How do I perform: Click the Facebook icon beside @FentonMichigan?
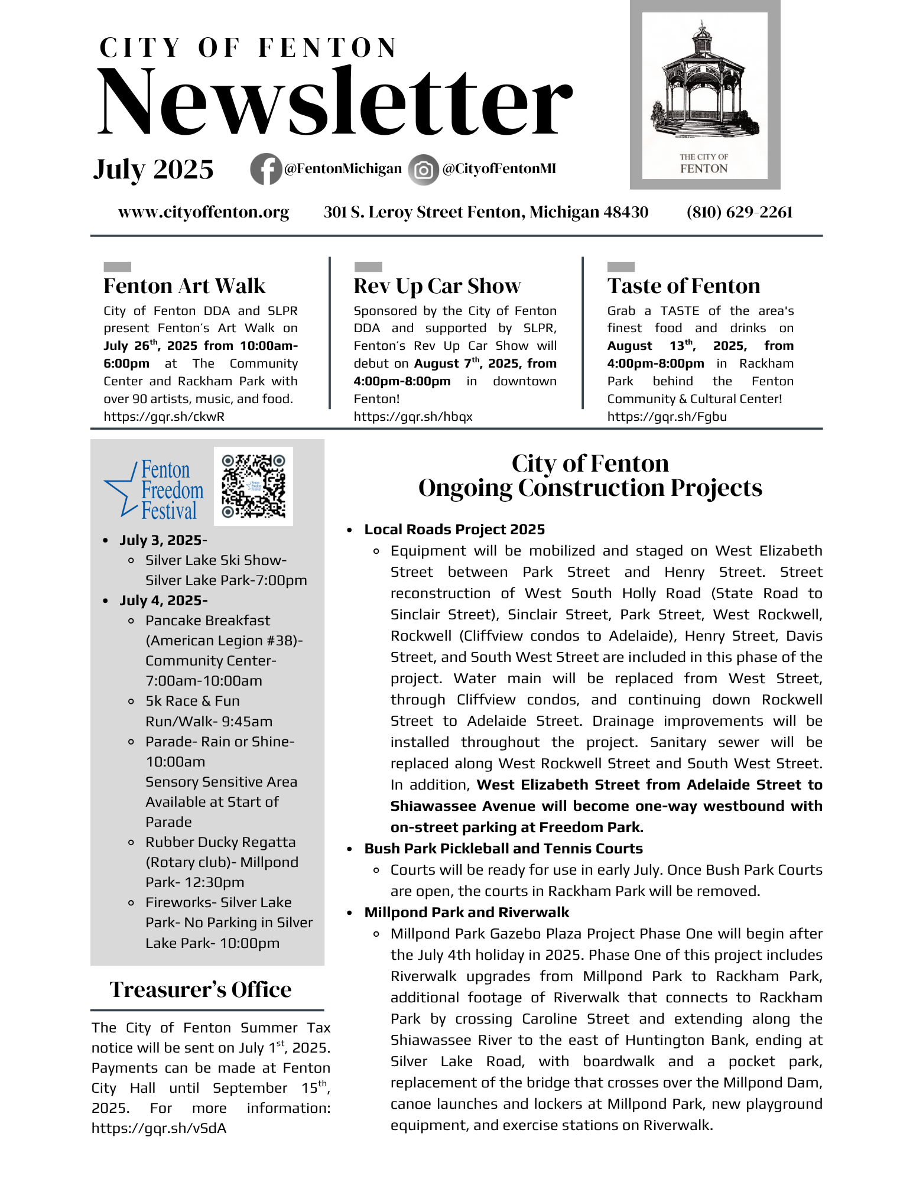(x=265, y=169)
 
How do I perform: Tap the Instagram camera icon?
(x=423, y=170)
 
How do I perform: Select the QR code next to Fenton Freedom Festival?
(x=253, y=486)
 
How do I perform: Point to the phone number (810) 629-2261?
(x=739, y=212)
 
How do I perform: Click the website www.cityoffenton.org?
(x=203, y=212)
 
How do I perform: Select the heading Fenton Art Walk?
(x=184, y=286)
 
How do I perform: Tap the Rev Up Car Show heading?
(x=437, y=286)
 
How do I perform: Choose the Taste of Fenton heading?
(x=683, y=286)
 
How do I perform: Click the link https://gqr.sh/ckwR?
(x=164, y=417)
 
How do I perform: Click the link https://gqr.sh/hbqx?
(x=412, y=417)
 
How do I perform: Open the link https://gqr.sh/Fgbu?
(x=667, y=417)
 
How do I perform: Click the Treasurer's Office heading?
(x=200, y=989)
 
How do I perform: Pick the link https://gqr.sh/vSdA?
(x=158, y=1128)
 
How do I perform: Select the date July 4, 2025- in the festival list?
(x=163, y=600)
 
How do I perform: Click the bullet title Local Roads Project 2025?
(x=454, y=530)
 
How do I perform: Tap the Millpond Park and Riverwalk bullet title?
(x=466, y=913)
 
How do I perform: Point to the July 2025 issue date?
(x=153, y=170)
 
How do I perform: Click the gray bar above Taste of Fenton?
(x=620, y=267)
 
